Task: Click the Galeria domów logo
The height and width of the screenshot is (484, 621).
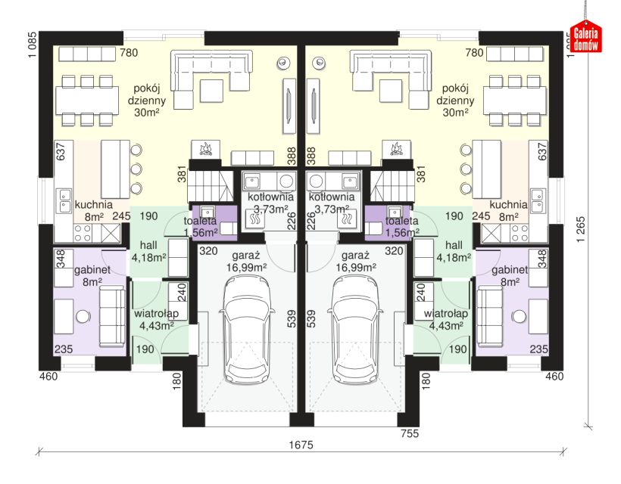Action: tap(585, 38)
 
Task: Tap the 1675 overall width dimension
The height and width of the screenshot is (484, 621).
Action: tap(301, 445)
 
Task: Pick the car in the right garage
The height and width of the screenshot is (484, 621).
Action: tap(355, 329)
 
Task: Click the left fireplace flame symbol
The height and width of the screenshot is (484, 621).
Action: tap(206, 149)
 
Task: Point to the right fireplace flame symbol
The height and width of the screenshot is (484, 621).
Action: tap(396, 149)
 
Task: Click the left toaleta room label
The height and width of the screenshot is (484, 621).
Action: tap(200, 221)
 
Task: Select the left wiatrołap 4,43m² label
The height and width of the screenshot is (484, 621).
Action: tap(157, 319)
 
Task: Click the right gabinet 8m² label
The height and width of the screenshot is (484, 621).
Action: tap(510, 275)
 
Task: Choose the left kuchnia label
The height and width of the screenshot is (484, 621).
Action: tap(93, 205)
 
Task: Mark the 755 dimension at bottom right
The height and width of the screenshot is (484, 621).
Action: tap(410, 433)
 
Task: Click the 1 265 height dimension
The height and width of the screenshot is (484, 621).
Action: tap(581, 229)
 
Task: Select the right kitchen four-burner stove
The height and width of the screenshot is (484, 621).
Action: tap(519, 233)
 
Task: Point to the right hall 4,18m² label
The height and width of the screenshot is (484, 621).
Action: tap(454, 252)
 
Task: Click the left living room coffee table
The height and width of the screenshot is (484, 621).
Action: tap(211, 91)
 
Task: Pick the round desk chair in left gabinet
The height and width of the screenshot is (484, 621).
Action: tap(83, 316)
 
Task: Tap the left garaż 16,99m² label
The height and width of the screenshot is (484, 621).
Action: tap(246, 261)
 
